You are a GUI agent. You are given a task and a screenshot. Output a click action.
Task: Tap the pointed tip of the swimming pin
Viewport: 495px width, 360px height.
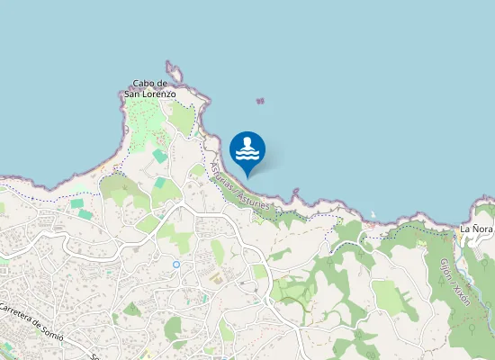coord(247,175)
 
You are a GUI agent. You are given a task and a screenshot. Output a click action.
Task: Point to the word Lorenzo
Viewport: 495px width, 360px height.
coord(159,93)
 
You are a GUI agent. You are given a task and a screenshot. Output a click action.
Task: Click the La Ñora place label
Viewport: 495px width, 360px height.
coord(477,229)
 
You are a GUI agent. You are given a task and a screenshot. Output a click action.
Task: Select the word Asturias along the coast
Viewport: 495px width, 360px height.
coord(221,177)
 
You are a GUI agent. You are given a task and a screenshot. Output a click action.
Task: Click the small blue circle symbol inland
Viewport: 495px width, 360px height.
coord(176,265)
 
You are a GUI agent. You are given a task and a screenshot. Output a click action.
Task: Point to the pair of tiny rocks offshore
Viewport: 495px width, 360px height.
coord(261,103)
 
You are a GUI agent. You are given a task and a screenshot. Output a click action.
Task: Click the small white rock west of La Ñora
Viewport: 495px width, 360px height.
coord(373,214)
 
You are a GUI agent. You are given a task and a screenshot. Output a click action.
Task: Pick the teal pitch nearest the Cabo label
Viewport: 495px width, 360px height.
coord(158,156)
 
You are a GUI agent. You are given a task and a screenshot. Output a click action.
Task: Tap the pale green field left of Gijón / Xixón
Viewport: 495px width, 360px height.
coord(389,296)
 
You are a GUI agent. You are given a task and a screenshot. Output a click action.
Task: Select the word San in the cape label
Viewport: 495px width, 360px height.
coord(131,93)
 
